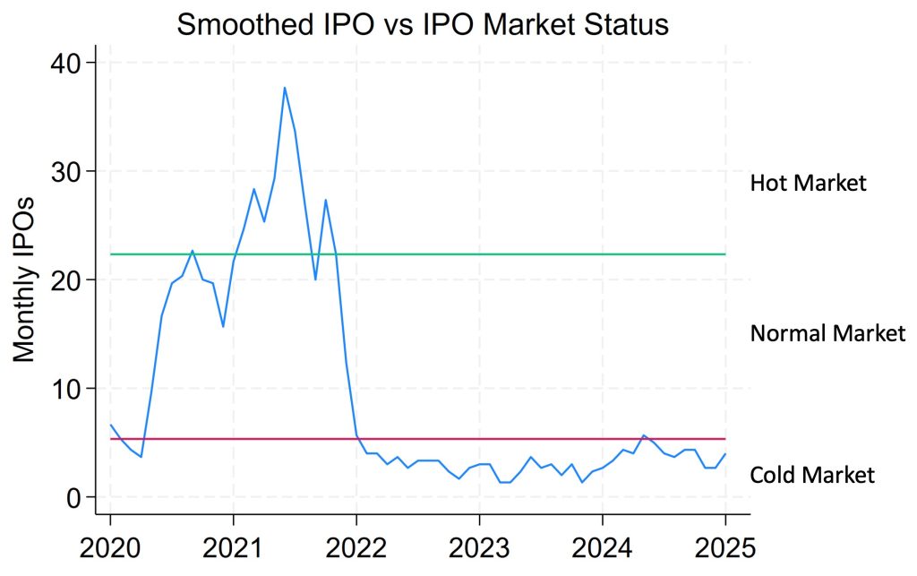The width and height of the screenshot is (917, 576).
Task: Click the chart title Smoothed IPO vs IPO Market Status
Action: click(423, 24)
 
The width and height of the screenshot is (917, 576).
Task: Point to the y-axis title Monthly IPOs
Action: click(25, 280)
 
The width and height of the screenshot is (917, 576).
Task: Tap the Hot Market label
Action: click(808, 184)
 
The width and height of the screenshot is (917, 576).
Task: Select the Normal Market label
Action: click(827, 334)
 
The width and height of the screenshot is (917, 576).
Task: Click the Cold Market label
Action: click(811, 475)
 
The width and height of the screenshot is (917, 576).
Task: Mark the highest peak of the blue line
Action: click(285, 88)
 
